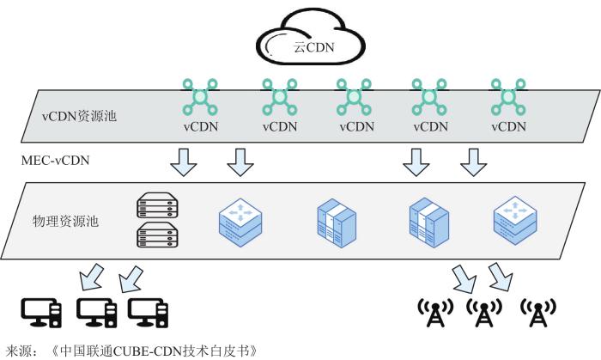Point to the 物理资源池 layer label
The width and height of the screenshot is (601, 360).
pyautogui.click(x=66, y=221)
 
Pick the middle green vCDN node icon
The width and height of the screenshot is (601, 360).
pyautogui.click(x=355, y=97)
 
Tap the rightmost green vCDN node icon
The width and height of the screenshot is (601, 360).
pyautogui.click(x=507, y=97)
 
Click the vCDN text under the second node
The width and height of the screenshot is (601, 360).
pyautogui.click(x=280, y=125)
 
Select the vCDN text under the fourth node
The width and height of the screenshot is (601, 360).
pyautogui.click(x=431, y=125)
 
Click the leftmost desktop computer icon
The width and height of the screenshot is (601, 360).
pyautogui.click(x=40, y=313)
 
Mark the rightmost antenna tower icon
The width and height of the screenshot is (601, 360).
pyautogui.click(x=539, y=313)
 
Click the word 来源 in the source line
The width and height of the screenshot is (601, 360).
pyautogui.click(x=19, y=351)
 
